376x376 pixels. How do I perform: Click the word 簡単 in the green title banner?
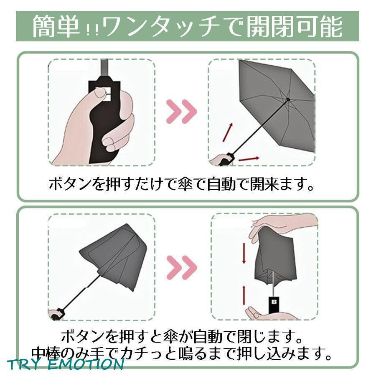point(56,26)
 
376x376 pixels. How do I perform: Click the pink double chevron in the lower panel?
point(182,267)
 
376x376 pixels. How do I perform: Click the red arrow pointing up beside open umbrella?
point(228,132)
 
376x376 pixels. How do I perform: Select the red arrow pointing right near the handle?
point(249,159)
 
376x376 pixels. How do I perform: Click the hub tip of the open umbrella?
point(288,99)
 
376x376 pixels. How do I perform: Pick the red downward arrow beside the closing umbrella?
point(244,253)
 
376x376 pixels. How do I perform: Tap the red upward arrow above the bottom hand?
point(244,295)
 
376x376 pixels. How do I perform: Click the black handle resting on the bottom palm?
point(273,305)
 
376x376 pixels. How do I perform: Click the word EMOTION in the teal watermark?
point(86,365)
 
